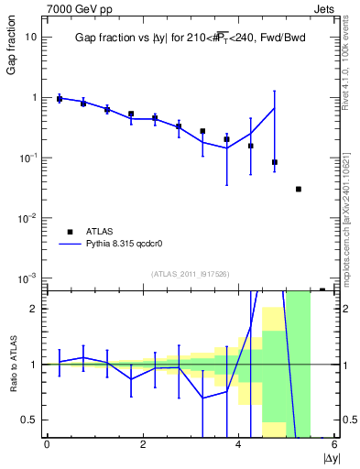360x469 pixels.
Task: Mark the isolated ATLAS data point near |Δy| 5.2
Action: (299, 189)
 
